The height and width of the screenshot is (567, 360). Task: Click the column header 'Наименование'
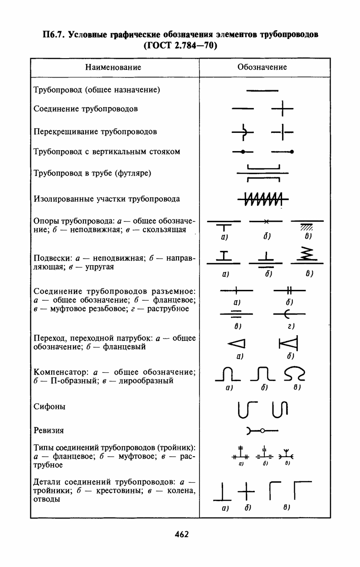point(113,67)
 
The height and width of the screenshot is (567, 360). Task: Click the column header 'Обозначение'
point(262,67)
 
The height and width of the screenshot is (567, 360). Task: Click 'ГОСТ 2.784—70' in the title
point(180,45)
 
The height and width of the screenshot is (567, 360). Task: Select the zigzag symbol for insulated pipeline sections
point(263,199)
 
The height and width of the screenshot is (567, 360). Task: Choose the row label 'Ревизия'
point(49,430)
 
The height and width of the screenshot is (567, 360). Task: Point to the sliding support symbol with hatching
point(307,224)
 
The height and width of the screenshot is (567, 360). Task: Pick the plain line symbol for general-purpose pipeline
point(262,90)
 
